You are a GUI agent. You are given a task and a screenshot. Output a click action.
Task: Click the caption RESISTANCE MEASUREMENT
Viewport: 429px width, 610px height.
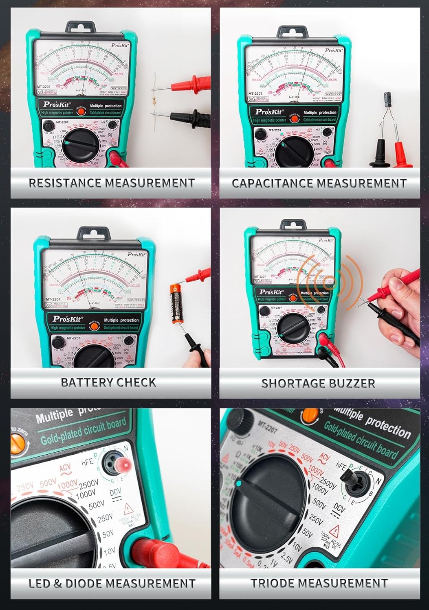111,183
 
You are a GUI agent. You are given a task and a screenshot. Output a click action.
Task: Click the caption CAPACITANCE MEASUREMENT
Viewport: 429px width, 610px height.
319,183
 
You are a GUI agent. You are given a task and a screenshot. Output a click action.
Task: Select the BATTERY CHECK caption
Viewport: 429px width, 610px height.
108,382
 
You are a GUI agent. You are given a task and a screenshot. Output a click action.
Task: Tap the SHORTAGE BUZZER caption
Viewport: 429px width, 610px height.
318,383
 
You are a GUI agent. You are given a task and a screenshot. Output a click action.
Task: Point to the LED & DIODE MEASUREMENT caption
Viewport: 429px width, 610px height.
112,584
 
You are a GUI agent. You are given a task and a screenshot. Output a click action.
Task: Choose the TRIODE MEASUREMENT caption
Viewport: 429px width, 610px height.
319,583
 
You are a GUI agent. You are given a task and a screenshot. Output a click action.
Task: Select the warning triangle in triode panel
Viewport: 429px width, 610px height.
335,530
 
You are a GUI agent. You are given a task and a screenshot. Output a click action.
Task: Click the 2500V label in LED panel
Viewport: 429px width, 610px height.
88,485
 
